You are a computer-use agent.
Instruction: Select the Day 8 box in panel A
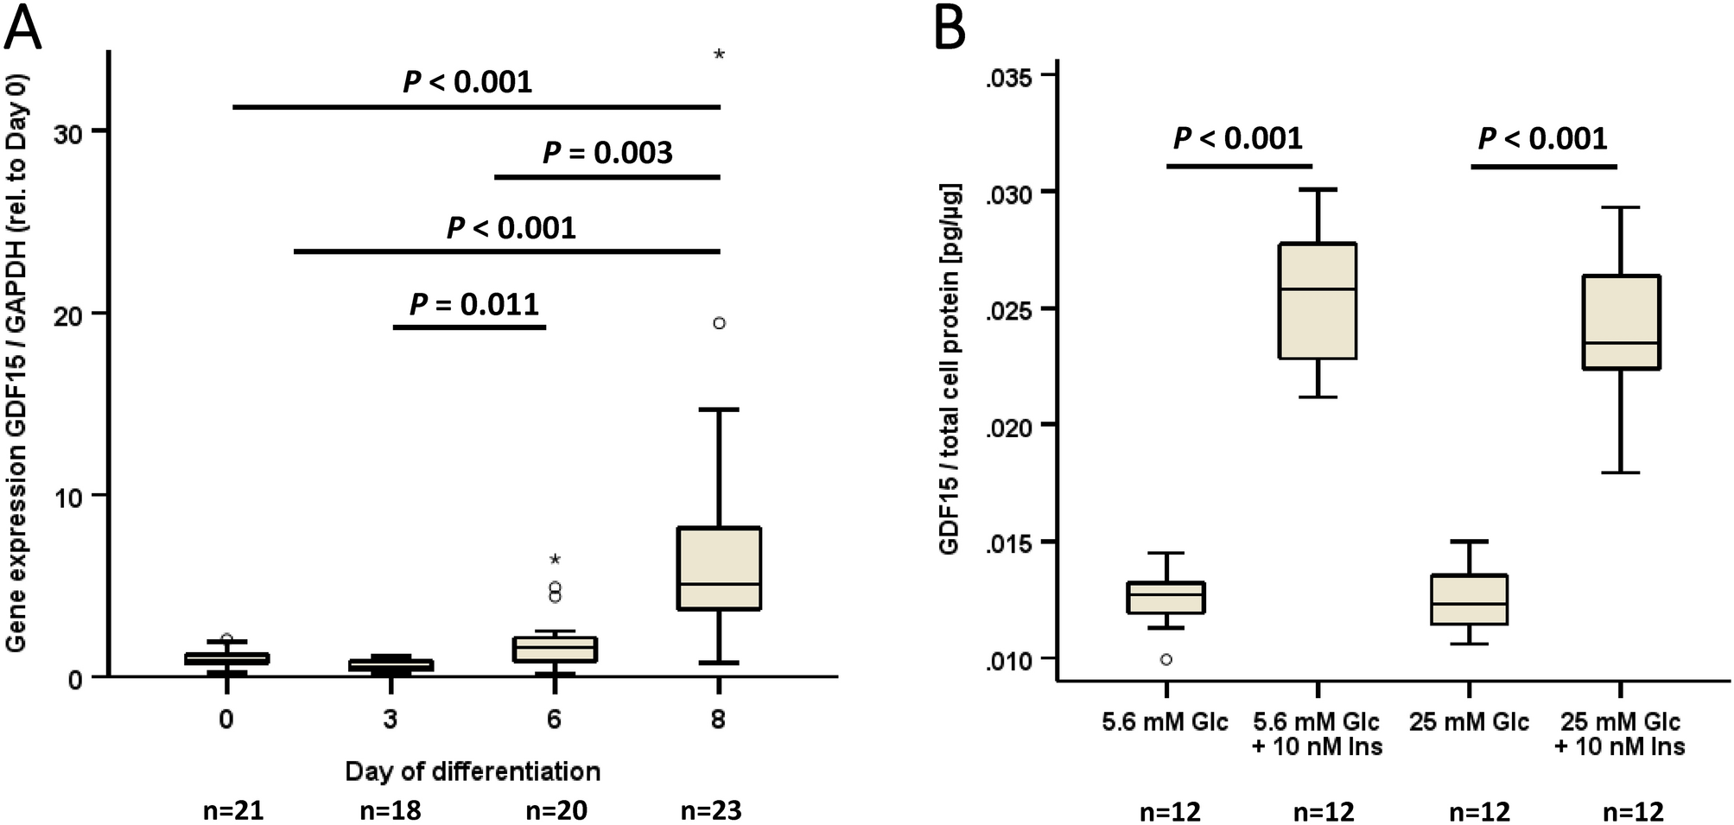point(719,568)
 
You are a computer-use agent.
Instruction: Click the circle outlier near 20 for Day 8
point(719,323)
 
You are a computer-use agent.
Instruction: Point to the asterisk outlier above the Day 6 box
point(555,560)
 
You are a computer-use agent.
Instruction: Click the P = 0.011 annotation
point(473,305)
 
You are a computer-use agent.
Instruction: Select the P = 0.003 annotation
point(607,153)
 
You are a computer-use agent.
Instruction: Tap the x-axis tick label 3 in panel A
point(390,720)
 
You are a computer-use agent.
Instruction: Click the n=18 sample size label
point(390,810)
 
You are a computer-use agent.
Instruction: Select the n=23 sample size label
point(711,810)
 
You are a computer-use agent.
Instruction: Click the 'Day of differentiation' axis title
point(472,771)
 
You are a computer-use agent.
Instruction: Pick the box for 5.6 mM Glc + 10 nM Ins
point(1318,301)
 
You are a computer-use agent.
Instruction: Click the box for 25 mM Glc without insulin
point(1469,599)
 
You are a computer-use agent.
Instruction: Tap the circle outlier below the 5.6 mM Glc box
point(1166,659)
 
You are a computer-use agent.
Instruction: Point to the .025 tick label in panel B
point(1008,308)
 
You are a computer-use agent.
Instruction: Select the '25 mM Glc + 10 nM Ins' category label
point(1619,733)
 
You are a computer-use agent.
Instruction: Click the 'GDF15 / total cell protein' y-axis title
point(950,369)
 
